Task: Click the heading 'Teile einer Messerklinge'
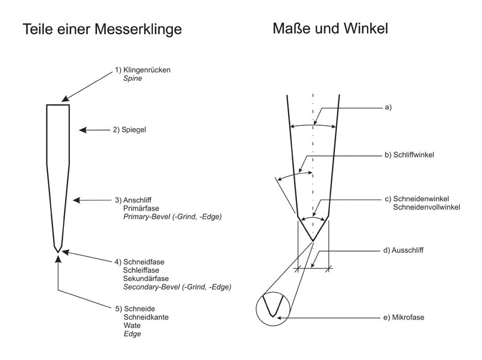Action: tap(102, 29)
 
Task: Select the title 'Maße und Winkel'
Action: tap(330, 28)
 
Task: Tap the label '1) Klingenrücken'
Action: tap(143, 70)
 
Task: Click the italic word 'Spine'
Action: tap(133, 78)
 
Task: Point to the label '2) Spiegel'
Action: tap(130, 129)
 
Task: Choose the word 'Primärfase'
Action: tap(141, 208)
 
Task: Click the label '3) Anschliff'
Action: tap(133, 200)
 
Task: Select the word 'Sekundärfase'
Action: tap(146, 279)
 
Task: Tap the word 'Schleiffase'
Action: tap(141, 270)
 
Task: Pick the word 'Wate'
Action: tap(132, 325)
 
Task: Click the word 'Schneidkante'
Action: tap(146, 317)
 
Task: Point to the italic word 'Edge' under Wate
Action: tap(132, 334)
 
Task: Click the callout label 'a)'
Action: tap(388, 107)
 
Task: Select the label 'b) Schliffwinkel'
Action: tap(409, 155)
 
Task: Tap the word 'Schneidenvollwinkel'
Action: tap(427, 207)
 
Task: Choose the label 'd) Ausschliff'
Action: tap(403, 250)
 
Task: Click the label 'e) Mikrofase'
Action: tap(404, 317)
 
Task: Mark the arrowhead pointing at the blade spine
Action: tap(65, 99)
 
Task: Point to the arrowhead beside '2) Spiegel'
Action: tap(83, 130)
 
